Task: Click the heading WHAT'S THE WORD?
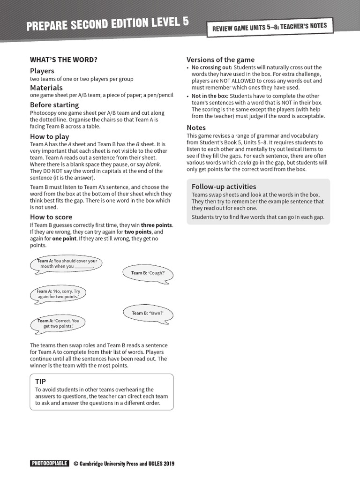[64, 60]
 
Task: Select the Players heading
[42, 71]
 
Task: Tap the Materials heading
[46, 88]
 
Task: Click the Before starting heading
[54, 105]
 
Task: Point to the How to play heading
[50, 136]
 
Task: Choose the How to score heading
[51, 217]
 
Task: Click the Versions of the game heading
[220, 60]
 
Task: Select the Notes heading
[196, 127]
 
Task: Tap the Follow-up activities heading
[224, 186]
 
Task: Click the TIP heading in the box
[41, 382]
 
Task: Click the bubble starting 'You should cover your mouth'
[67, 264]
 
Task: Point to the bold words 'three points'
[157, 225]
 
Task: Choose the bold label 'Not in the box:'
[210, 96]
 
